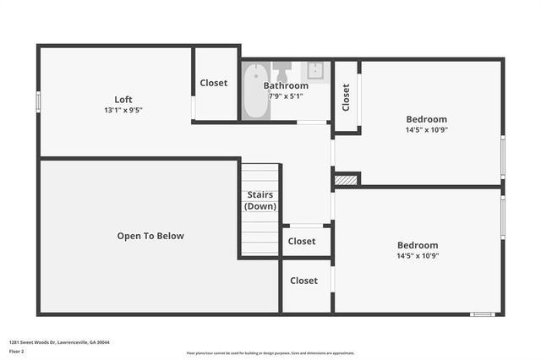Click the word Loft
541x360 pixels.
pyautogui.click(x=123, y=99)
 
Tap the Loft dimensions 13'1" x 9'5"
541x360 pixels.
pyautogui.click(x=123, y=110)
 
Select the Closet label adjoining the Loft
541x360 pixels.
pyautogui.click(x=214, y=83)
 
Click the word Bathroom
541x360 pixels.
pyautogui.click(x=286, y=85)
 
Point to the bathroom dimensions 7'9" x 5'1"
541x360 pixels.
pyautogui.click(x=286, y=95)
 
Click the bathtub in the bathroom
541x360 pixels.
pyautogui.click(x=254, y=94)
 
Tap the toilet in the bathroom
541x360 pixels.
pyautogui.click(x=281, y=68)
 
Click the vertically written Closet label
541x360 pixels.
pyautogui.click(x=346, y=96)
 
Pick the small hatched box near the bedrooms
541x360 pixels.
pyautogui.click(x=345, y=179)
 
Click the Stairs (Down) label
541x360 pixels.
pyautogui.click(x=260, y=200)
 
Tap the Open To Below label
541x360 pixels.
pyautogui.click(x=150, y=236)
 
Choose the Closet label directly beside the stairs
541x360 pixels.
pyautogui.click(x=302, y=241)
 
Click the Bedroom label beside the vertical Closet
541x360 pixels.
pyautogui.click(x=426, y=119)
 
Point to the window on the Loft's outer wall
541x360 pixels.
pyautogui.click(x=38, y=101)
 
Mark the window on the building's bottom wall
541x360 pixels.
pyautogui.click(x=482, y=314)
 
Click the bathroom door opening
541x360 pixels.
pyautogui.click(x=313, y=123)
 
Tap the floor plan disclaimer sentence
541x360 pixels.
pyautogui.click(x=270, y=353)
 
